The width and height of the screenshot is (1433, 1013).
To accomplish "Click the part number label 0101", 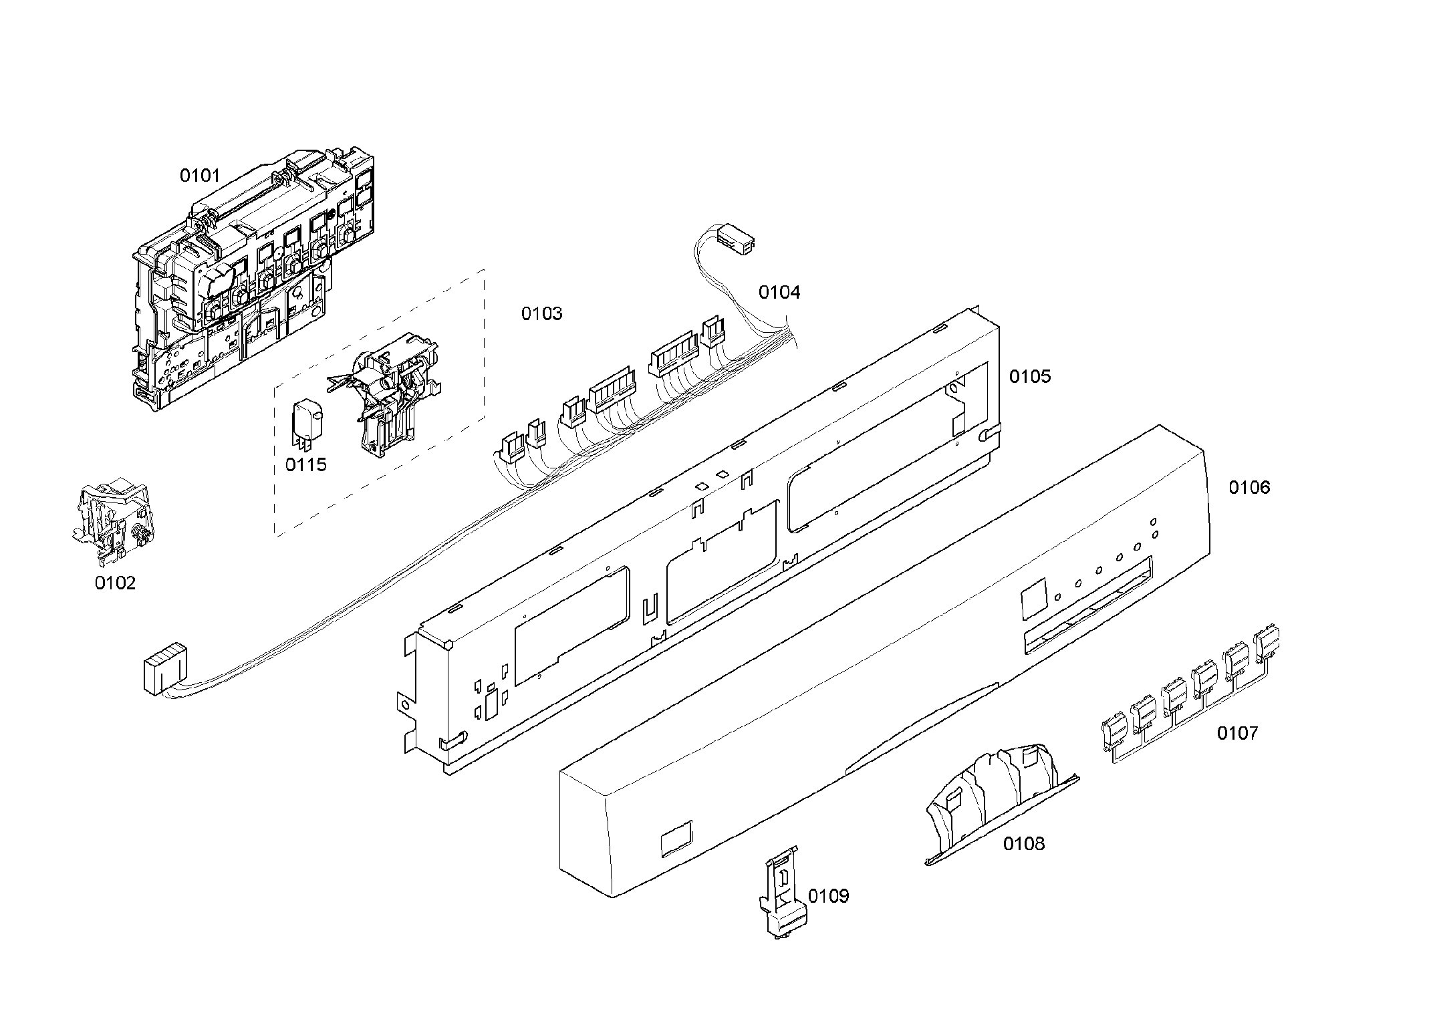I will [x=199, y=176].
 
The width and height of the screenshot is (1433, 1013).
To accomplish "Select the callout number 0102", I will [x=115, y=583].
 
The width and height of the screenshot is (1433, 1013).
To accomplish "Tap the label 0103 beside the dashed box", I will [x=541, y=313].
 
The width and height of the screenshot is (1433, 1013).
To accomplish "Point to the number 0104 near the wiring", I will [x=779, y=292].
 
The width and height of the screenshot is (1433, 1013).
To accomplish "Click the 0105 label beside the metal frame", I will [x=1029, y=377].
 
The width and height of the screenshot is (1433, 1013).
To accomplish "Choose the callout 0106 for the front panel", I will [x=1249, y=488].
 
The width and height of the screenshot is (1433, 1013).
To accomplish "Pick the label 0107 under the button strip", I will [x=1236, y=734].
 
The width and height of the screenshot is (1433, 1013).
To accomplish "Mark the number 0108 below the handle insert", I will [x=1023, y=844].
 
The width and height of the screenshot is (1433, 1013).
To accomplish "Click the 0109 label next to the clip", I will [x=828, y=896].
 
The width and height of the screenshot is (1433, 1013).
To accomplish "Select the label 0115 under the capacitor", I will [x=305, y=464].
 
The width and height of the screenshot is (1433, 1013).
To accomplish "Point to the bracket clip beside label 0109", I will [x=781, y=892].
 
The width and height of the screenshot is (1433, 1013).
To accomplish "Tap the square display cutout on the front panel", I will [x=1033, y=599].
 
